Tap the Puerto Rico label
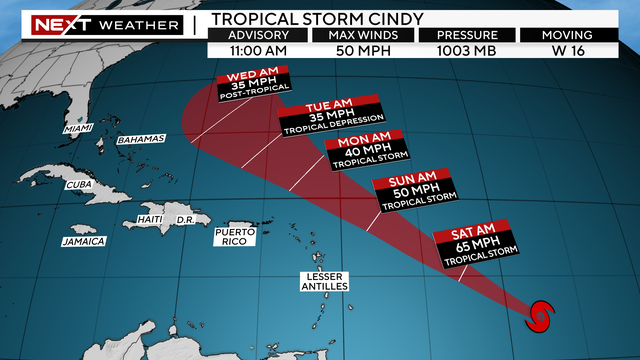235,237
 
